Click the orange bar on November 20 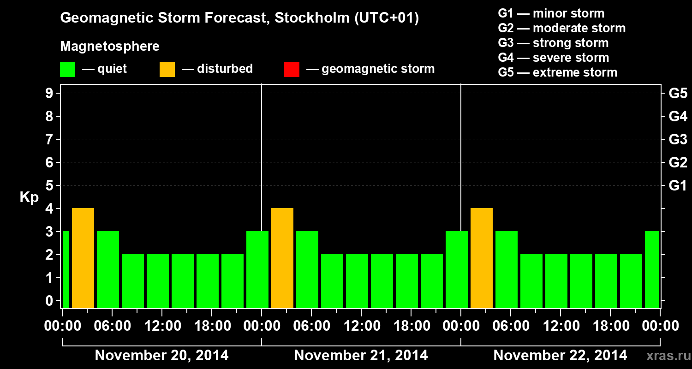tap(83, 258)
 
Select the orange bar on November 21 tap(282, 258)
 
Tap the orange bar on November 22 tap(482, 258)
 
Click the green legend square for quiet tap(68, 70)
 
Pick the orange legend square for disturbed tap(167, 70)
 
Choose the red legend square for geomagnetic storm tap(292, 70)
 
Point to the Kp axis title tap(29, 197)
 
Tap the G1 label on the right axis tap(678, 186)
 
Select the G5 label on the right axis tap(678, 94)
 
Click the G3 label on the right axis tap(678, 139)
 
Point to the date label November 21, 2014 tap(361, 356)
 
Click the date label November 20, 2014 tap(161, 356)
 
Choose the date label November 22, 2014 tap(560, 356)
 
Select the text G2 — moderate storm tap(561, 28)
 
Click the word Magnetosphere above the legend tap(110, 47)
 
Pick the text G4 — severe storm tap(553, 58)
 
